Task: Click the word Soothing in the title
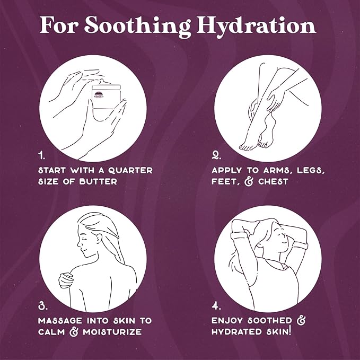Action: coord(137,26)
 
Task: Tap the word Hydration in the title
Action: coord(256,26)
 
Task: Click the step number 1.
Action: coord(41,155)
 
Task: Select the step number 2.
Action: coord(216,155)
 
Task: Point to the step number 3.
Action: coord(43,305)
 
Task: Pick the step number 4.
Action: coord(216,305)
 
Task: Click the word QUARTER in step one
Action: coord(130,170)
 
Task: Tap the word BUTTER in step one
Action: coord(98,182)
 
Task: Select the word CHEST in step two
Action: coord(273,182)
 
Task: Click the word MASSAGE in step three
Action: coord(60,321)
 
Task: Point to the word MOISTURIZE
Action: coord(112,332)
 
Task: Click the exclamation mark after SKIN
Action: coord(290,331)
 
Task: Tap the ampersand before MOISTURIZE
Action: coord(74,332)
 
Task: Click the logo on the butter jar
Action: coord(99,95)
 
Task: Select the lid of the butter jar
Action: coord(106,87)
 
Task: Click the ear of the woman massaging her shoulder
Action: coord(99,239)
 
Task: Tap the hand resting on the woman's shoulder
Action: coord(65,280)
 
